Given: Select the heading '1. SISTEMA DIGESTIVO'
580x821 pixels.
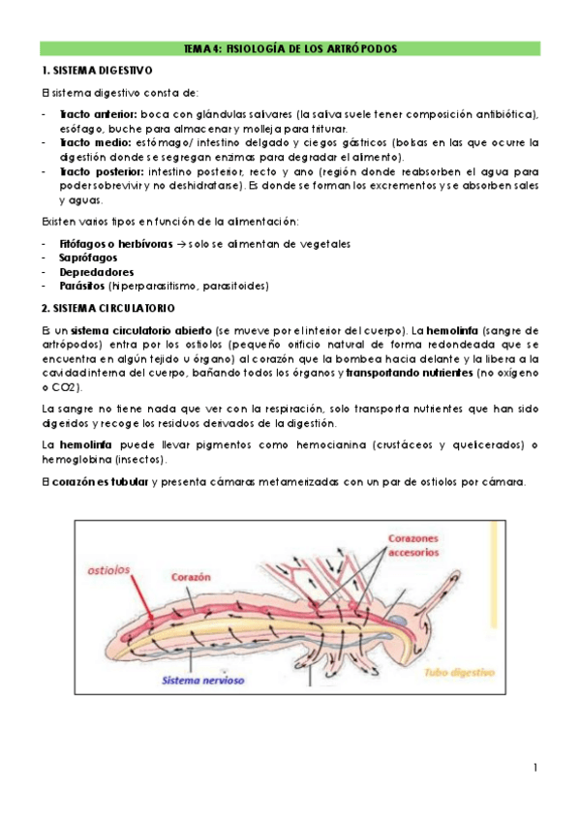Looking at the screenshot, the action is coord(97,70).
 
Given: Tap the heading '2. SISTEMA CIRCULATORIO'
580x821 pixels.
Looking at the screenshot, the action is coord(108,309).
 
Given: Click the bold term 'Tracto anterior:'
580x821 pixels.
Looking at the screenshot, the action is coord(99,114).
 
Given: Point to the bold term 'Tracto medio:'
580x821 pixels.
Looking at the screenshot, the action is coord(95,142).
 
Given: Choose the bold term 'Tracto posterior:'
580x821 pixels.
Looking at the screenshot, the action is coord(102,171).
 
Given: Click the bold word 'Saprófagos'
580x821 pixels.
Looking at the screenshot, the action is coord(88,258).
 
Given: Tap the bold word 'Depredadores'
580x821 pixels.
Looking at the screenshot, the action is coord(97,272).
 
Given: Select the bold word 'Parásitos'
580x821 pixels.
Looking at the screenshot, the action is coord(82,287).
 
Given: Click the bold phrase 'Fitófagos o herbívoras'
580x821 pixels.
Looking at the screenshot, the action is coord(116,244).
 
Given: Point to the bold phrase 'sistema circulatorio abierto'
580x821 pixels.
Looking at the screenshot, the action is coord(141,331).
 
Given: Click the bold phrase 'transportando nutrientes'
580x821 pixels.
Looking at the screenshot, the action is coord(410,374).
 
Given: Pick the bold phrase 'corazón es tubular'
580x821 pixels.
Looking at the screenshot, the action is coord(101,482).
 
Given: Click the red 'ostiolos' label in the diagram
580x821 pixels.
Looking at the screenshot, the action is coord(108,570).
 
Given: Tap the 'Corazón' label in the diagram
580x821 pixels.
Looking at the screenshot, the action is coord(191,577).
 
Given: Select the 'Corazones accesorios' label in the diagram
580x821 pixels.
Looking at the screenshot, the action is coord(413,545).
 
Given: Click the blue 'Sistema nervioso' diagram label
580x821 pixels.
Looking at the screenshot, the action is coord(203,681).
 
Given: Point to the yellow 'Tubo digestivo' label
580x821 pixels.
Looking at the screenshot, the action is coord(460,673).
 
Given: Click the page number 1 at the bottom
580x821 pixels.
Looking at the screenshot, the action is coord(535,768).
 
